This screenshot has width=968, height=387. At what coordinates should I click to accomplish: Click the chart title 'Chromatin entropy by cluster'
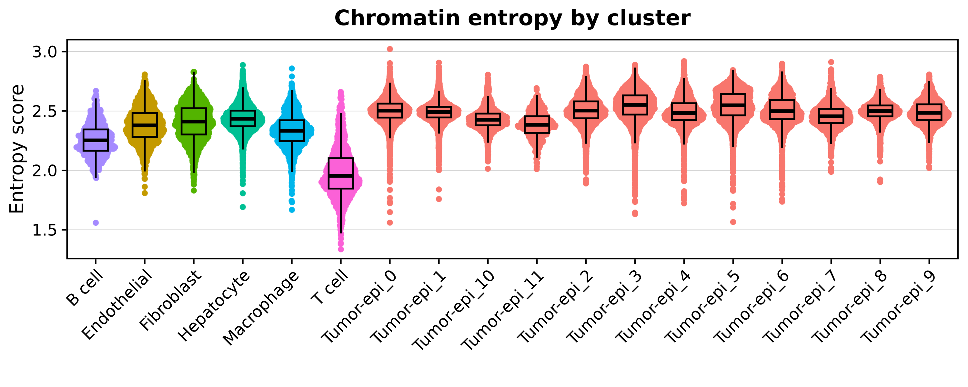point(512,18)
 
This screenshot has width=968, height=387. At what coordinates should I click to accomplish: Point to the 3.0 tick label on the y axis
point(44,52)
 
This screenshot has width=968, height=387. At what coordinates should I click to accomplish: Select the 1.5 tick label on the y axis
point(44,230)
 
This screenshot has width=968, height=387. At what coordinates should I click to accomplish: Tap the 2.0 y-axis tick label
point(44,171)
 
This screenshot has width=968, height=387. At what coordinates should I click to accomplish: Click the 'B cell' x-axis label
point(84,288)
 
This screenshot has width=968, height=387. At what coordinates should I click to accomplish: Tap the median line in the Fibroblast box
point(194,121)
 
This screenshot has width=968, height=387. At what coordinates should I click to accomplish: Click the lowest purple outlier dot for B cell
point(96,223)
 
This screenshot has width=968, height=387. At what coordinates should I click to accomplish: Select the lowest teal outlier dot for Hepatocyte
point(243,207)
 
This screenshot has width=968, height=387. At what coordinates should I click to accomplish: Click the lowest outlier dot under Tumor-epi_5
point(733,222)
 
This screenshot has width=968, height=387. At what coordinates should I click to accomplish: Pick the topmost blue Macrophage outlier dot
point(292,68)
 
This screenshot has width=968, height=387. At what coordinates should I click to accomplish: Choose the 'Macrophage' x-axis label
point(261,308)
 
